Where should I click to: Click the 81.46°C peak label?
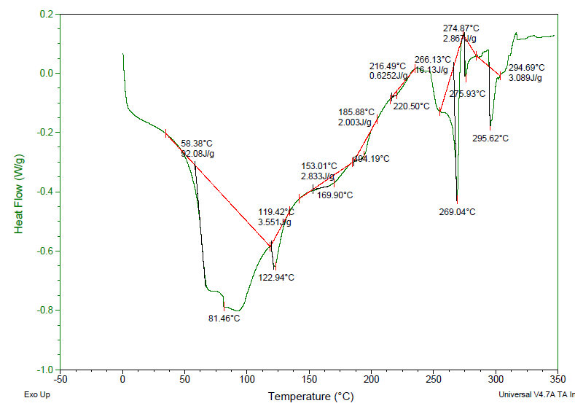[224, 319]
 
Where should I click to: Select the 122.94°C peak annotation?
[276, 277]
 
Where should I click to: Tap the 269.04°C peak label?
[457, 212]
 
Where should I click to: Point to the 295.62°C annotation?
[490, 138]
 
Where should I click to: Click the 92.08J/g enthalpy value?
[197, 154]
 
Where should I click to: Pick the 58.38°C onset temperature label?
[197, 144]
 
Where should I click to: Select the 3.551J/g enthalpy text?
[275, 222]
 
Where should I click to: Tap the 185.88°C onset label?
[356, 112]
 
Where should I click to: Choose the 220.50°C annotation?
[411, 106]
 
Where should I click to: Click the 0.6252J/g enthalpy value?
[387, 75]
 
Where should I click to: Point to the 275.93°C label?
[467, 94]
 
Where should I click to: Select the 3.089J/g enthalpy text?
[525, 78]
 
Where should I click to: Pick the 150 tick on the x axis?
[309, 380]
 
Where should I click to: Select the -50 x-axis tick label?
[60, 380]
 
